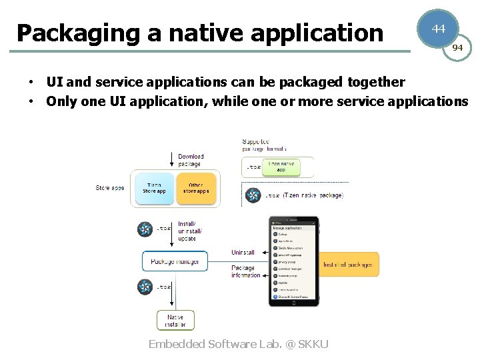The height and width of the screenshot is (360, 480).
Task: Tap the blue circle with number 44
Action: tap(438, 29)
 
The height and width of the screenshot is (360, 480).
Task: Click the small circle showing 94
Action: tap(457, 48)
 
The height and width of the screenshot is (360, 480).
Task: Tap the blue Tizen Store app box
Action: tap(154, 188)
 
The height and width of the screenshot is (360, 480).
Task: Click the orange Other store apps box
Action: tap(196, 188)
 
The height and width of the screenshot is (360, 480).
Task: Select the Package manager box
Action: tap(175, 261)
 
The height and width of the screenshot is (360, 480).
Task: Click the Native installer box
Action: tap(175, 321)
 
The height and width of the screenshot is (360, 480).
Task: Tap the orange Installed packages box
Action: tap(347, 265)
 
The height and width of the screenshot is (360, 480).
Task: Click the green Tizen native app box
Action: tap(281, 167)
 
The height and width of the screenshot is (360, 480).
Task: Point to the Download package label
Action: tap(190, 160)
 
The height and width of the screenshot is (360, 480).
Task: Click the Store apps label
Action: tap(110, 188)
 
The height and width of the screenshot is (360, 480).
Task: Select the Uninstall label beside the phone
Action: tap(243, 253)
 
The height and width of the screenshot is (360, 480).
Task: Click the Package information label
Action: tap(245, 271)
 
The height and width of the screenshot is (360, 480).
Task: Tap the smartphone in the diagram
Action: tap(293, 261)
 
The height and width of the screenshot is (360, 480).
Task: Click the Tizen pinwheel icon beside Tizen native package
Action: tap(253, 195)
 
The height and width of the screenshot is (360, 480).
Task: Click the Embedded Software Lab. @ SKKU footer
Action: tap(238, 344)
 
